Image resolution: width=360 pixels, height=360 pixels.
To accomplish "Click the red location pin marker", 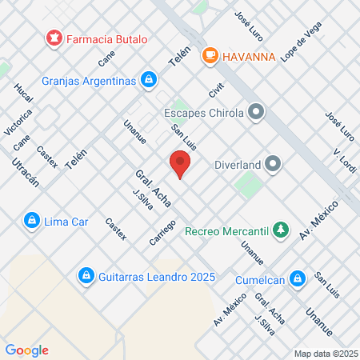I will click(180, 165).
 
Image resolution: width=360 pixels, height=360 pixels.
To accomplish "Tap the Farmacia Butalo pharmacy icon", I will click(54, 38).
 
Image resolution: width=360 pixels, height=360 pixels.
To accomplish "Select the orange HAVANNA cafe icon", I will click(210, 55).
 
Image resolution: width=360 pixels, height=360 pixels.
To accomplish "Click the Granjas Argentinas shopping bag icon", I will click(148, 80).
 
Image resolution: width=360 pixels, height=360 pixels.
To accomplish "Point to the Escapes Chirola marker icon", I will click(256, 112).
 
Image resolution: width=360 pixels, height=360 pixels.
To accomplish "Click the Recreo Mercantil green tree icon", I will click(280, 231).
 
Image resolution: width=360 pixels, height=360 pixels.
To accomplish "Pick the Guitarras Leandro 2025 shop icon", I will click(85, 275).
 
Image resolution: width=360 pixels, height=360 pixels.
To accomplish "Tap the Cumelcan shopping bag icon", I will click(298, 279).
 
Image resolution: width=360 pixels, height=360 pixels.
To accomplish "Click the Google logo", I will click(27, 350).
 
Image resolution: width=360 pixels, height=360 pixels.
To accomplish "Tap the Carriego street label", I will click(162, 232).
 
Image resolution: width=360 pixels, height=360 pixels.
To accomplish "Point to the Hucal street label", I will click(23, 93).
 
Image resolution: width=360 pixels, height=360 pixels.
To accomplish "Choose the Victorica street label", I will click(18, 121).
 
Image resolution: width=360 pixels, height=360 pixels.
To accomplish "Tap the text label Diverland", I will click(239, 165).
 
